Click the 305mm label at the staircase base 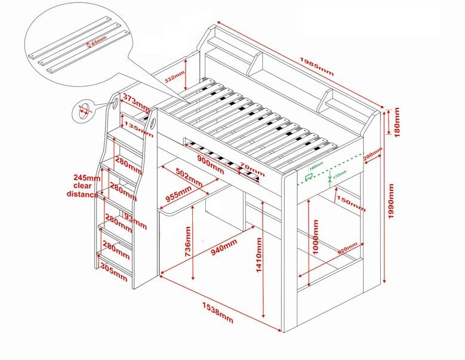[x=115, y=272]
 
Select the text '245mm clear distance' [x=83, y=186]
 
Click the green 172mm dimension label [x=339, y=176]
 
